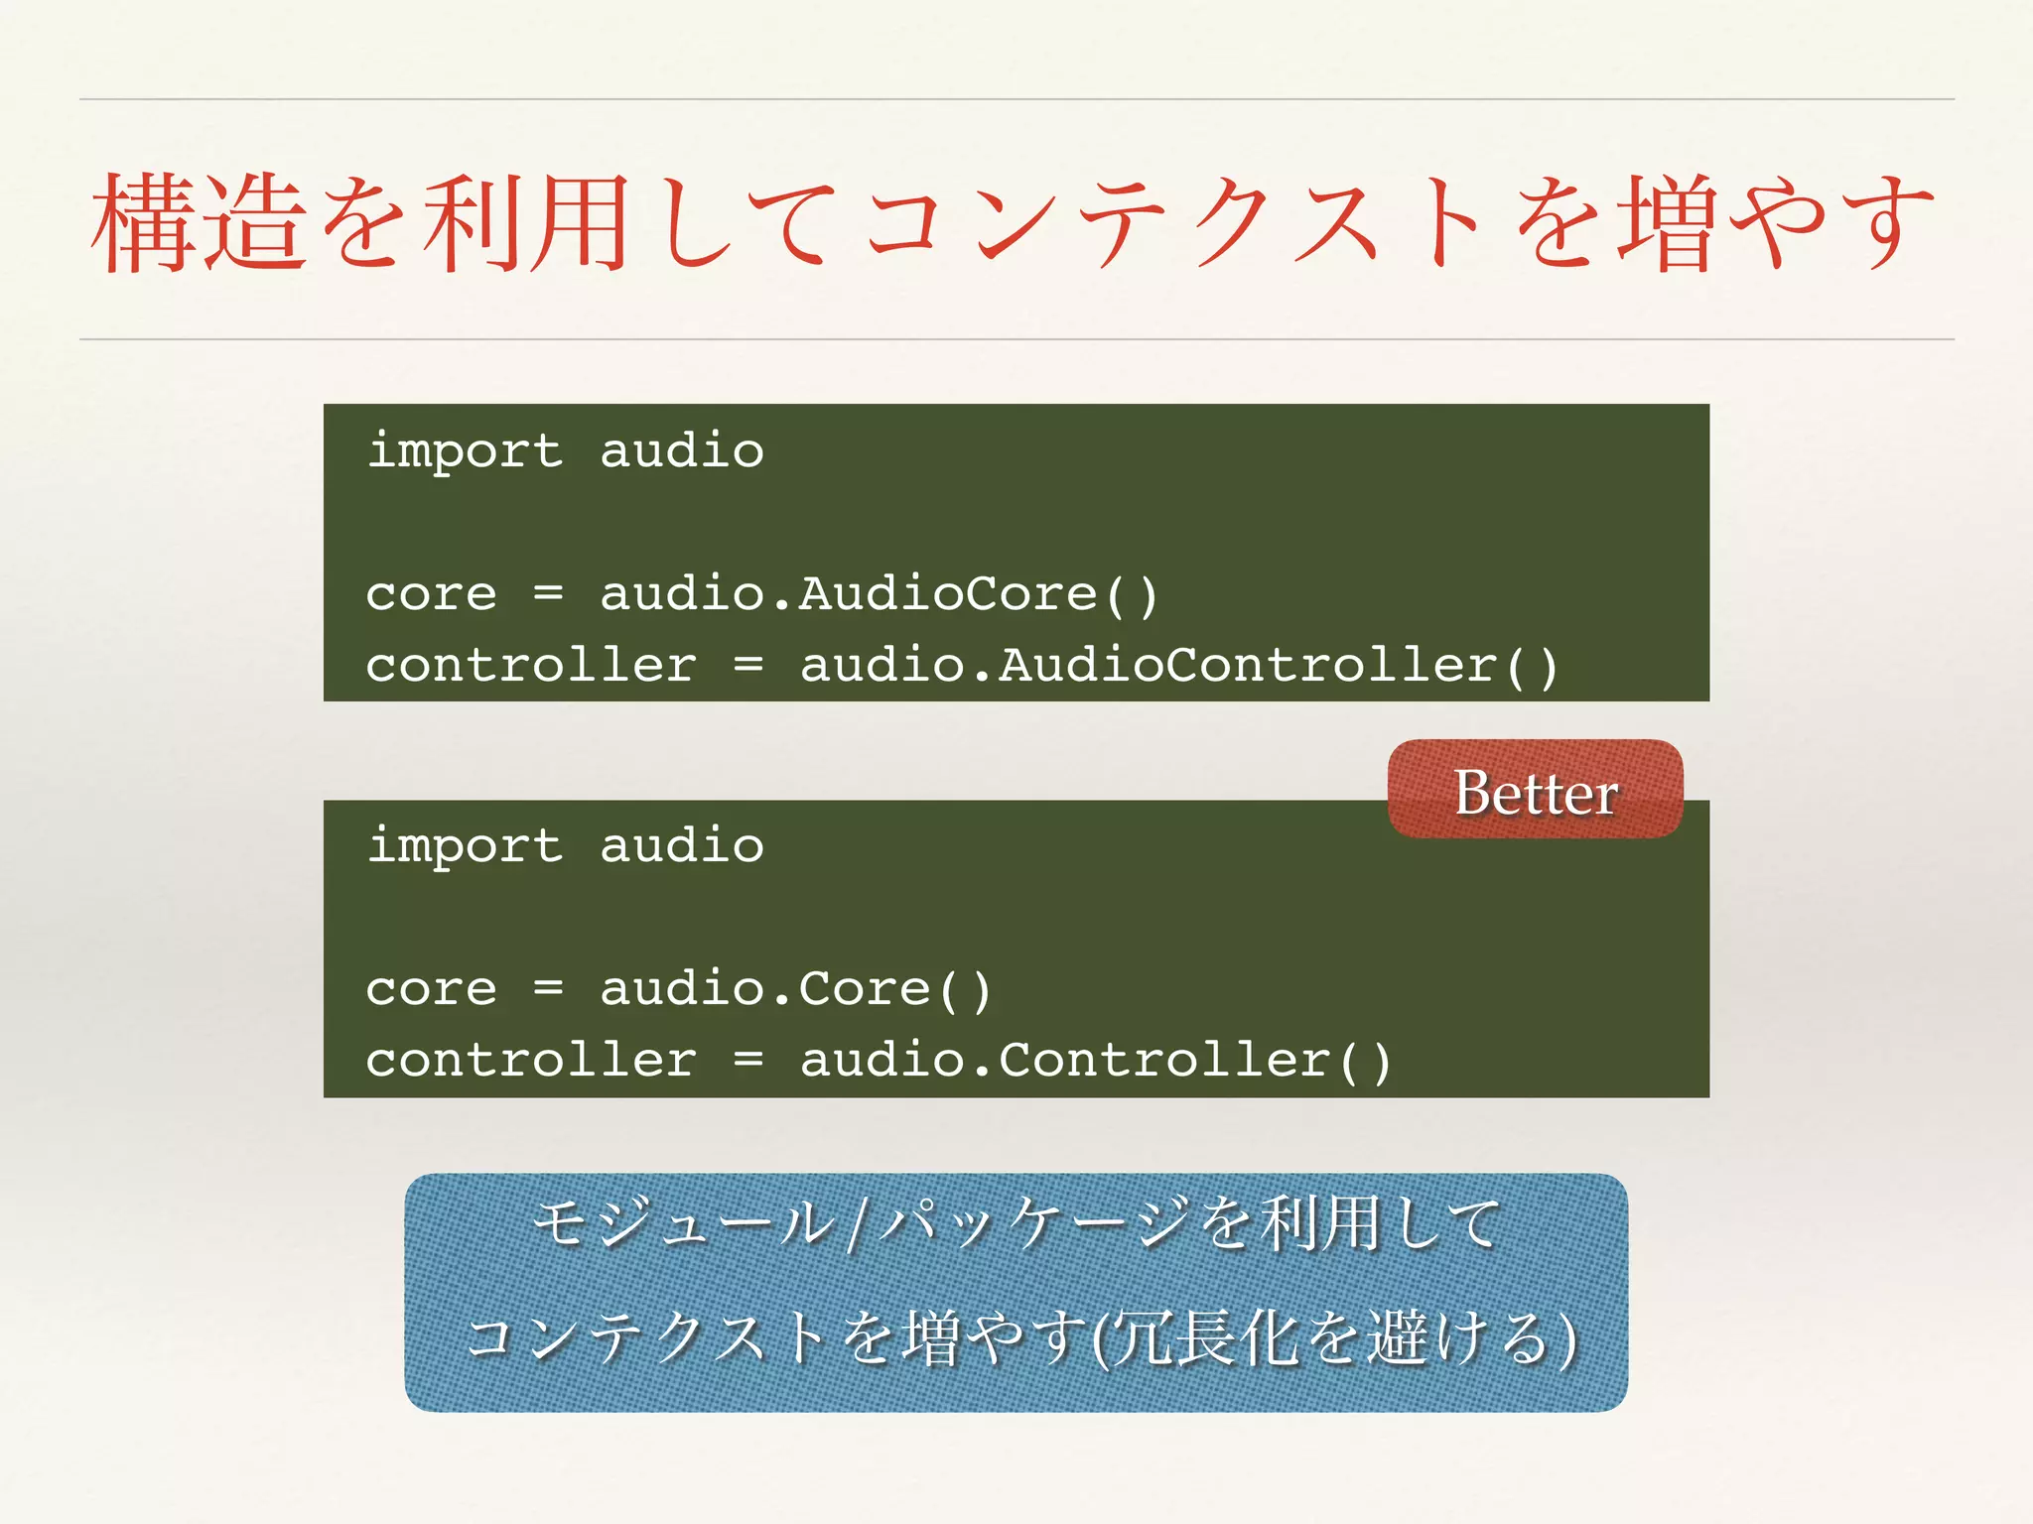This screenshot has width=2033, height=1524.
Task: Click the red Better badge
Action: pyautogui.click(x=1535, y=790)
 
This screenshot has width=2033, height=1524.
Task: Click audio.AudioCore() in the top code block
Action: pyautogui.click(x=879, y=594)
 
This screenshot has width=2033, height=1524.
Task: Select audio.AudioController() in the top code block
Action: pyautogui.click(x=1178, y=666)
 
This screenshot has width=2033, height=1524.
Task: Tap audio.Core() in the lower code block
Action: pyautogui.click(x=795, y=989)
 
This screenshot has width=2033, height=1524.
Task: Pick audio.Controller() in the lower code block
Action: pyautogui.click(x=1096, y=1061)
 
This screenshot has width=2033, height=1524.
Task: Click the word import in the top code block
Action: pyautogui.click(x=464, y=451)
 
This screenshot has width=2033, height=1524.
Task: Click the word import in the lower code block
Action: pyautogui.click(x=464, y=846)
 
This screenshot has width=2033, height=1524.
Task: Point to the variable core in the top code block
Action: pyautogui.click(x=431, y=594)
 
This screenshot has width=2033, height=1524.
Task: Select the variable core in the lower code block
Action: pyautogui.click(x=431, y=989)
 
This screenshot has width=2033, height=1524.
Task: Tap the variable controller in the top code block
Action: pyautogui.click(x=530, y=666)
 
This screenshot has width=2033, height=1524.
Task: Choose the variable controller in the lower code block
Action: pyautogui.click(x=530, y=1061)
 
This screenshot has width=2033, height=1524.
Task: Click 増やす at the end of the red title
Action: pyautogui.click(x=1777, y=222)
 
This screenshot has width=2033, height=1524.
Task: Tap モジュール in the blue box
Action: pyautogui.click(x=685, y=1222)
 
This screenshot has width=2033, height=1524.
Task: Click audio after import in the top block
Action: pyautogui.click(x=682, y=451)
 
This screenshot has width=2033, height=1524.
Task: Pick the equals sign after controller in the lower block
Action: pyautogui.click(x=748, y=1061)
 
